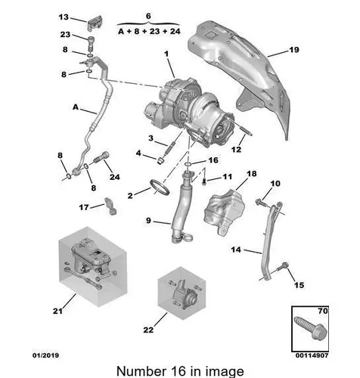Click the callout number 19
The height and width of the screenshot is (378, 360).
(294, 50)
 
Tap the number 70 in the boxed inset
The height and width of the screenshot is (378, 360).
(323, 311)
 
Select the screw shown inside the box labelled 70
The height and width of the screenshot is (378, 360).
(311, 328)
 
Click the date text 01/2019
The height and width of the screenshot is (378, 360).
(45, 355)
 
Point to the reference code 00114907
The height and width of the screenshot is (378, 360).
(312, 355)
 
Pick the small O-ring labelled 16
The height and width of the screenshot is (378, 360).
(188, 165)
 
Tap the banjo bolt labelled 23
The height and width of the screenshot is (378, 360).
(92, 44)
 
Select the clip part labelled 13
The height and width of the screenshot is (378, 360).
(95, 23)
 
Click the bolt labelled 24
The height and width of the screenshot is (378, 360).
(102, 157)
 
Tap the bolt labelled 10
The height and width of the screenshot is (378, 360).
(260, 202)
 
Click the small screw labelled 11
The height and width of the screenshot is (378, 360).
(204, 181)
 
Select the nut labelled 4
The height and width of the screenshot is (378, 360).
(160, 160)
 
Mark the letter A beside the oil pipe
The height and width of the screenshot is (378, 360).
(76, 107)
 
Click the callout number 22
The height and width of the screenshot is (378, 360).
(148, 330)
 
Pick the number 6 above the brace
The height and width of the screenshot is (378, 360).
(148, 16)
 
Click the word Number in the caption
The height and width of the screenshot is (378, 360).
(141, 371)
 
